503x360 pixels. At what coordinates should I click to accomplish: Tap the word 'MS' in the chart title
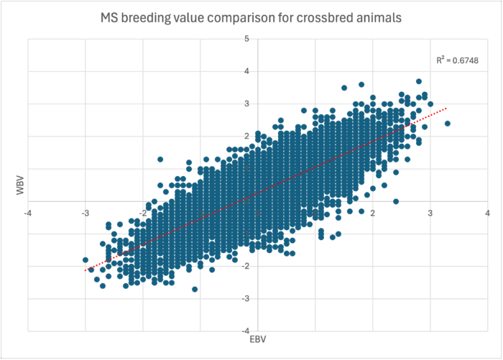[x=109, y=17]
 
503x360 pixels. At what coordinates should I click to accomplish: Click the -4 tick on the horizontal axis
[x=28, y=213]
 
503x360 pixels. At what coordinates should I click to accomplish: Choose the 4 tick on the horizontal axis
[x=487, y=213]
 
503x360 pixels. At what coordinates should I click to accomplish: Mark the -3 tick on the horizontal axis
[x=86, y=213]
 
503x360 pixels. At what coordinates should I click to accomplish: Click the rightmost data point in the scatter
[x=448, y=124]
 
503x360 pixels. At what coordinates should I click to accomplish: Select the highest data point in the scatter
[x=419, y=81]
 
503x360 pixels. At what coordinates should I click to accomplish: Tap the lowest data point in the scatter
[x=195, y=289]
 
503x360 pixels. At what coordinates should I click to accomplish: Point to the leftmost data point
[x=86, y=259]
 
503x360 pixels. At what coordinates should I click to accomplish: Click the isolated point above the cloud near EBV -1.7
[x=160, y=160]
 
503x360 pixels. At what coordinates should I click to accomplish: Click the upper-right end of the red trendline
[x=447, y=108]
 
